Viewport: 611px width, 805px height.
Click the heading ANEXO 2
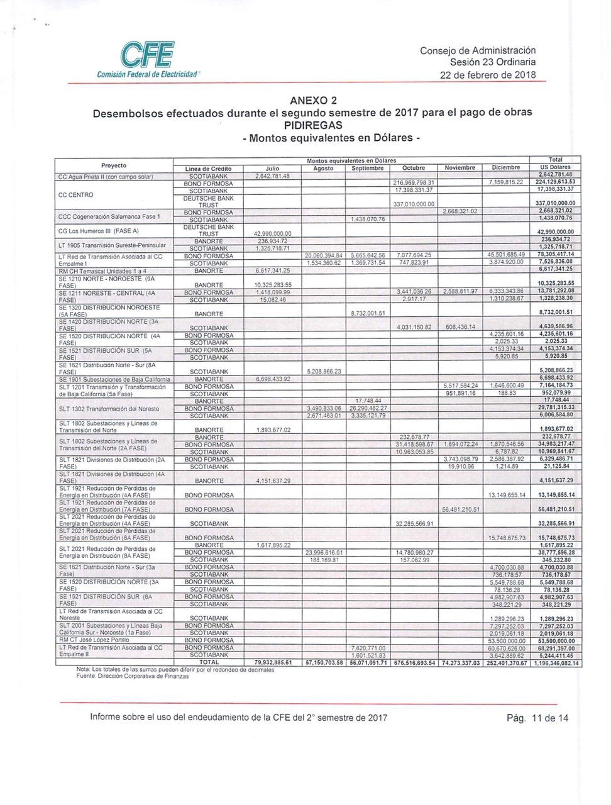(x=313, y=101)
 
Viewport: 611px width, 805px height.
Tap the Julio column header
(x=272, y=169)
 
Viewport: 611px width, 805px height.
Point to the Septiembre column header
(x=367, y=169)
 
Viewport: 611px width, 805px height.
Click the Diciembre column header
(x=506, y=168)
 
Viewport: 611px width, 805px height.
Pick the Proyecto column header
(x=114, y=165)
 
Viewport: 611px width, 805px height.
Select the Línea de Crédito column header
(x=209, y=169)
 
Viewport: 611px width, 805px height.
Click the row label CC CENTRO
(x=75, y=194)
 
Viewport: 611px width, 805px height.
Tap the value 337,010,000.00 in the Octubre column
(x=413, y=204)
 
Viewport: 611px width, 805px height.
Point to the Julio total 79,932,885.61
(x=273, y=663)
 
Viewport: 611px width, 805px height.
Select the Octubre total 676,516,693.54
(x=414, y=663)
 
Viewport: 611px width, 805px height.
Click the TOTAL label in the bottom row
(x=209, y=662)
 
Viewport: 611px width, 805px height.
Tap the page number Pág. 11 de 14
(x=537, y=718)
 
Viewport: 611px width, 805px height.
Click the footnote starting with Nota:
(x=175, y=670)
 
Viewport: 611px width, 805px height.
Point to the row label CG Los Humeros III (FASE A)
(x=99, y=231)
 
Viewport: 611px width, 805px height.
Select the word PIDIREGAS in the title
(x=313, y=125)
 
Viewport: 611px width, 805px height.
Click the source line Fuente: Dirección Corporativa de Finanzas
(x=132, y=676)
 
